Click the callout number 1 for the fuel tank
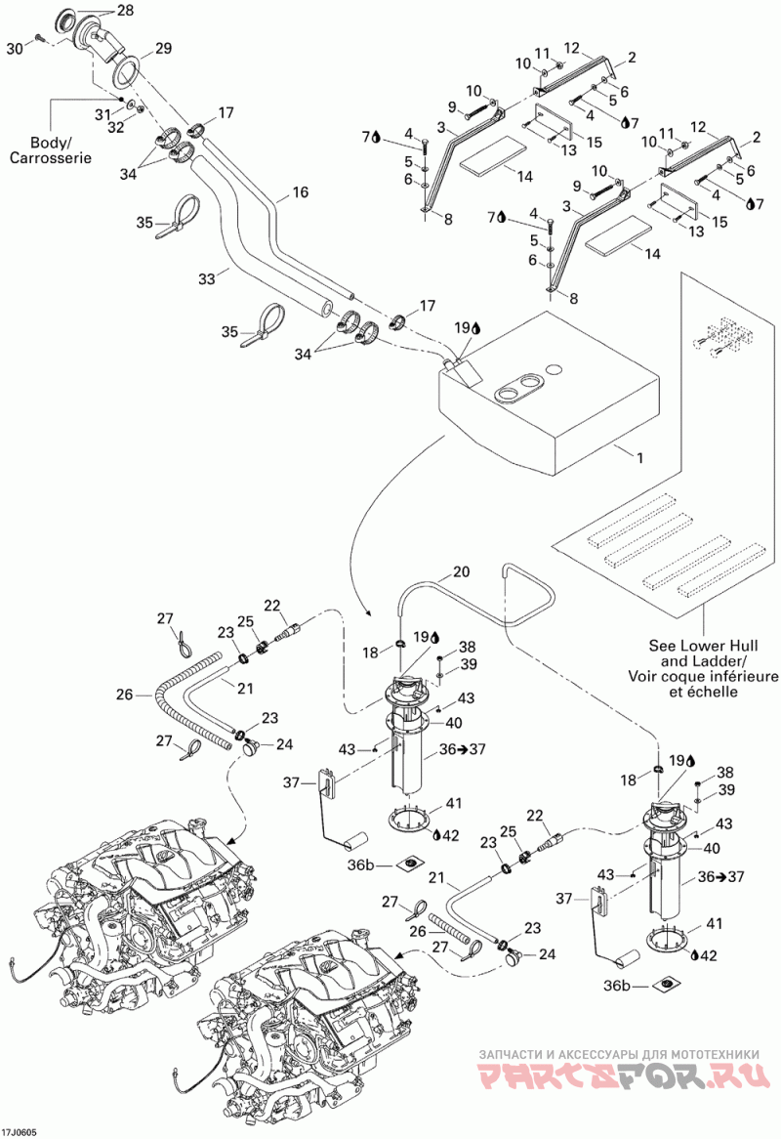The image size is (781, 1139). point(639,458)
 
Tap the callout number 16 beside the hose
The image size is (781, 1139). point(300,191)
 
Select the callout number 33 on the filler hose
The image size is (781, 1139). point(207,277)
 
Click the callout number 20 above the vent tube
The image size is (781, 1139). point(461,571)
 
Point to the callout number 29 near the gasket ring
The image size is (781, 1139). point(163,48)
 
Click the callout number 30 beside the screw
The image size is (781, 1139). point(15,48)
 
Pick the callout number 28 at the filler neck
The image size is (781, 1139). point(125,10)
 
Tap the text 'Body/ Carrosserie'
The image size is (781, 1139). point(50,149)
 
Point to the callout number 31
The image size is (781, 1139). point(103,114)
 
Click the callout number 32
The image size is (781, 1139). point(116,127)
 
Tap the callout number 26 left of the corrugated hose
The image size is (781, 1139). point(124,695)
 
